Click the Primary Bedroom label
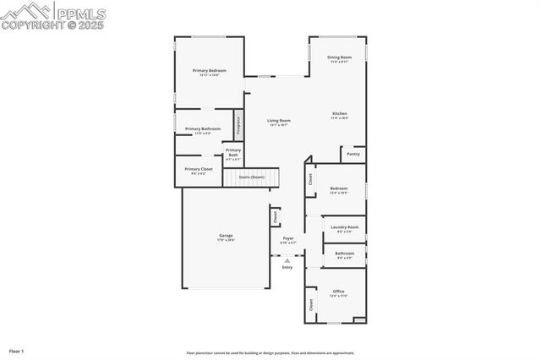[x=209, y=71]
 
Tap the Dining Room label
[x=339, y=57]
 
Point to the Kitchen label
[x=339, y=114]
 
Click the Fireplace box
[x=239, y=125]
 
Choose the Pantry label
[x=353, y=154]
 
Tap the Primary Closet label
[x=199, y=169]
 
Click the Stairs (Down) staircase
[x=251, y=177]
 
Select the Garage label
[x=226, y=236]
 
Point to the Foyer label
[x=287, y=239]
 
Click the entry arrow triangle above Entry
[x=287, y=260]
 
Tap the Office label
[x=338, y=292]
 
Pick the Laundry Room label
[x=344, y=227]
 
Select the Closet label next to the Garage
[x=276, y=216]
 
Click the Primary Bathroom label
[x=202, y=129]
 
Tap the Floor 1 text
[x=17, y=350]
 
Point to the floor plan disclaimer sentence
[x=270, y=353]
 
